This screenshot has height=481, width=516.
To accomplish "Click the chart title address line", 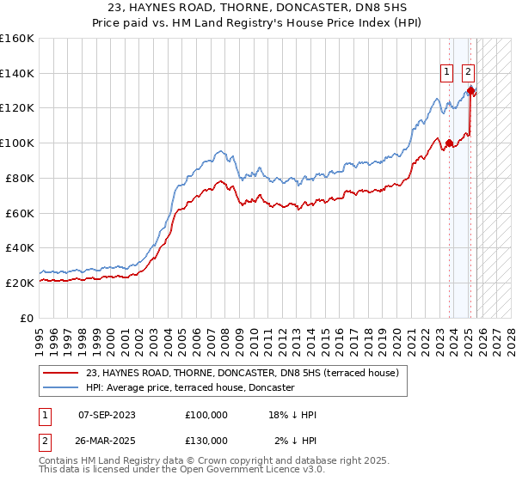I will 258,8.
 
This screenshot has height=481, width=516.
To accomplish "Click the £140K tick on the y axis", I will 17,73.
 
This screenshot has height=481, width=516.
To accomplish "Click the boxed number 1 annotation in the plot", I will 448,73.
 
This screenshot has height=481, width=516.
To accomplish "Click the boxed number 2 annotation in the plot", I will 469,73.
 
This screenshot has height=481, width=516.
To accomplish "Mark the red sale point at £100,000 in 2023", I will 449,143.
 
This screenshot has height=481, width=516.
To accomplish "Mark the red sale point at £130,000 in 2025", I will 471,89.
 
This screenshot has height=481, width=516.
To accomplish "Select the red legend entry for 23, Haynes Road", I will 242,374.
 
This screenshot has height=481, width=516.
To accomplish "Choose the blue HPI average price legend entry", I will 190,388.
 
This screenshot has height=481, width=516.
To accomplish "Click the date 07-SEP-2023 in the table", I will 107,415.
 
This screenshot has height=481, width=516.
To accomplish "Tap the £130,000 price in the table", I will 206,441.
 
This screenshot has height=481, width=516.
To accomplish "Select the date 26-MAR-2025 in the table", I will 107,441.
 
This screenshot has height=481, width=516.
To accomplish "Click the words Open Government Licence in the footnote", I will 249,470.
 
